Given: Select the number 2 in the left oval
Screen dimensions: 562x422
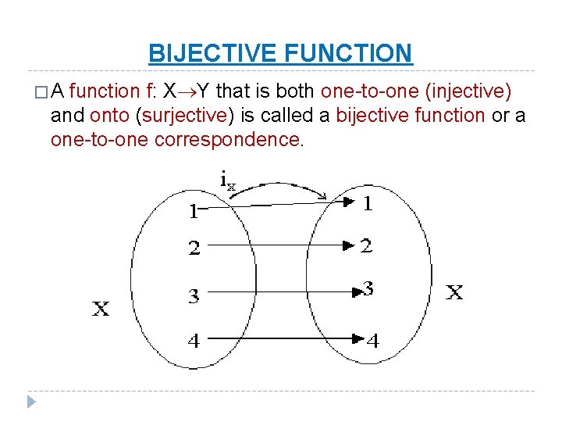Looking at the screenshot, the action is (x=194, y=249).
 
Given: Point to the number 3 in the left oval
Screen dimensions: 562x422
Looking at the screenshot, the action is (x=194, y=296).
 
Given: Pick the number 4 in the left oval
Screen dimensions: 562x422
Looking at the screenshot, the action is (x=194, y=341).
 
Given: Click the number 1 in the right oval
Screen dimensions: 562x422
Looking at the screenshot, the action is (x=367, y=203).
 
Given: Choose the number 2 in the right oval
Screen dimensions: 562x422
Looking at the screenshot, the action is (x=366, y=245).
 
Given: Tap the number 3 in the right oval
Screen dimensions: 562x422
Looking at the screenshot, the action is (x=368, y=288).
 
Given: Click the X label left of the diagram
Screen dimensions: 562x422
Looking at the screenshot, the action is (x=101, y=309).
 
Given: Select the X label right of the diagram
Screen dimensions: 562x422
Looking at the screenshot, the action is (x=454, y=293).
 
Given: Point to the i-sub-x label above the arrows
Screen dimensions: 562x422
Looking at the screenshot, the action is (x=227, y=181).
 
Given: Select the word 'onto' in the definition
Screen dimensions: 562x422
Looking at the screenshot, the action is (x=110, y=116).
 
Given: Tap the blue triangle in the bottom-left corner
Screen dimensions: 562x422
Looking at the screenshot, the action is (x=30, y=403).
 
